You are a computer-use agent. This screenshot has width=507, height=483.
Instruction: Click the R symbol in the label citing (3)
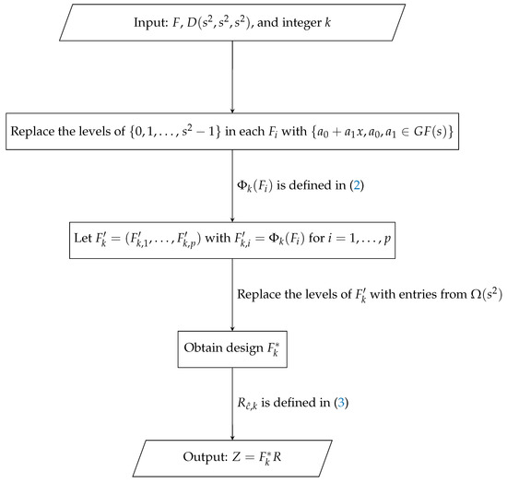click(248, 404)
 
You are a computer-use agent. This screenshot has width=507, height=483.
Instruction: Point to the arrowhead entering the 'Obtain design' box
click(230, 330)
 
